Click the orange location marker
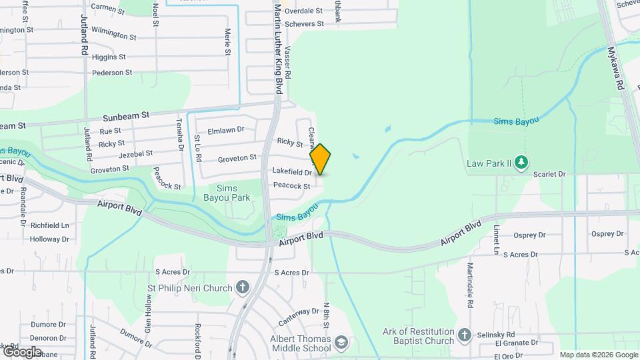click(320, 159)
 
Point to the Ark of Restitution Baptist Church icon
click(465, 334)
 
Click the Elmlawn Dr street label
click(227, 130)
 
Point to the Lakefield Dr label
click(292, 172)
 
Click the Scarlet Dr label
click(549, 174)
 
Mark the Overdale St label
click(303, 11)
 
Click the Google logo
click(22, 351)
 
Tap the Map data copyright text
click(598, 355)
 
